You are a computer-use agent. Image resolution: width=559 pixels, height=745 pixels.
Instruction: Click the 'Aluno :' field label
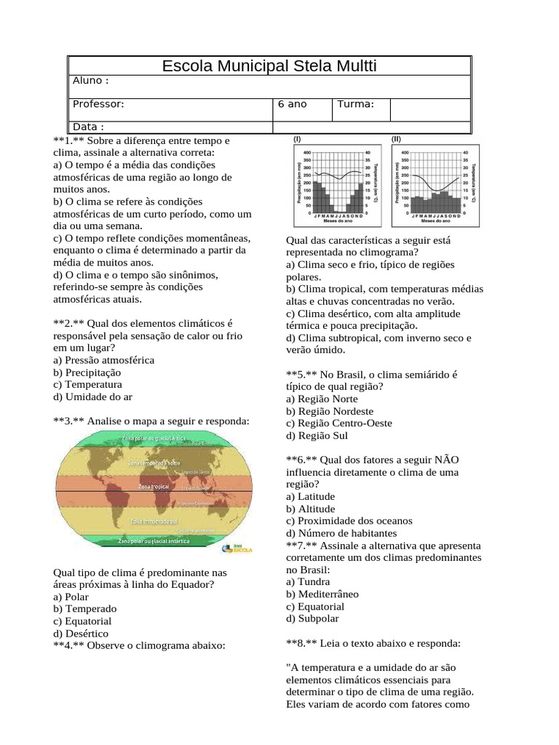coord(91,80)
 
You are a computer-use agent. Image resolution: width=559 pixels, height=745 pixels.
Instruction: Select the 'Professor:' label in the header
coord(98,104)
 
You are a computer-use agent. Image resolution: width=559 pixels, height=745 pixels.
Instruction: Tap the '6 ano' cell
coord(293,104)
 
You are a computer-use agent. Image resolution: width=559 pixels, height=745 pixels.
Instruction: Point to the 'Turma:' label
coord(355,104)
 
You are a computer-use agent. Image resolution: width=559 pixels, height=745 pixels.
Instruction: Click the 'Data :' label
coord(89,127)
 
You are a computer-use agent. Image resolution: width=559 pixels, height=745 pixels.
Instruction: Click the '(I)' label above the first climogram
coord(298,138)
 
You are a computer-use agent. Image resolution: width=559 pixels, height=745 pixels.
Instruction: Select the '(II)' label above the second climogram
coord(396,138)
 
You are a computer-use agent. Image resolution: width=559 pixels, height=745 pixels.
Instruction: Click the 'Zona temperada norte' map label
coord(154,462)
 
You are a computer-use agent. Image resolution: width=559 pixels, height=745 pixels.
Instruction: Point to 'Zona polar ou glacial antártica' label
coord(154,541)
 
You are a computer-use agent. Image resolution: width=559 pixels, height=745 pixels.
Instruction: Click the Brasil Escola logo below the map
coord(237,549)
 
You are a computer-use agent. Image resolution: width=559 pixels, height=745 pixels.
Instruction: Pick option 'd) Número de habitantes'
coord(341,533)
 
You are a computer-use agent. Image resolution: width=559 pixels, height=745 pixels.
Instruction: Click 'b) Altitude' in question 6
coord(311,509)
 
